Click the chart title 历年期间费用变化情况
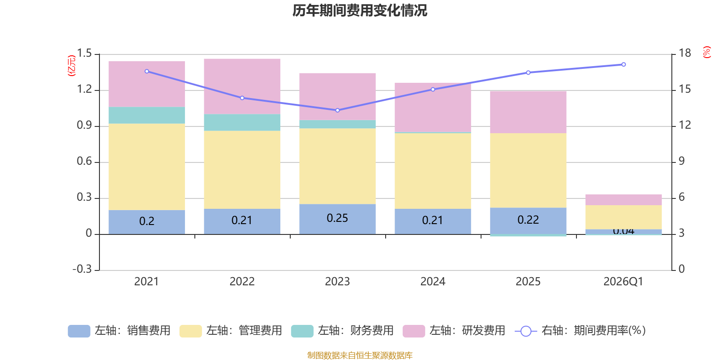[360, 10]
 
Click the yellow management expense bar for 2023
[337, 166]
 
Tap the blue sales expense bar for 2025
[528, 220]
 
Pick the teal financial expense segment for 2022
[242, 122]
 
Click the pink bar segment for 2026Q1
[623, 200]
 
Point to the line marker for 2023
[337, 110]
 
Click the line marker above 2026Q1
[623, 64]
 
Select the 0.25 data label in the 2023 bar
[337, 218]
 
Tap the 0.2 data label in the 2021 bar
[147, 221]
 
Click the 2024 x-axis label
[432, 282]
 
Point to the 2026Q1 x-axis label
[623, 282]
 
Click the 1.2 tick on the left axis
[84, 90]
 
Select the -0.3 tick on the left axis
[82, 269]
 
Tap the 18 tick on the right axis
[685, 53]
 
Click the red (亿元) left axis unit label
[71, 66]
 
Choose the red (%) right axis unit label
[707, 52]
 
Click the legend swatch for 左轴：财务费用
[302, 331]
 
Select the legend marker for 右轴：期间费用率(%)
[526, 331]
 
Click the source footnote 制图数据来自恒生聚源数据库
[360, 355]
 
